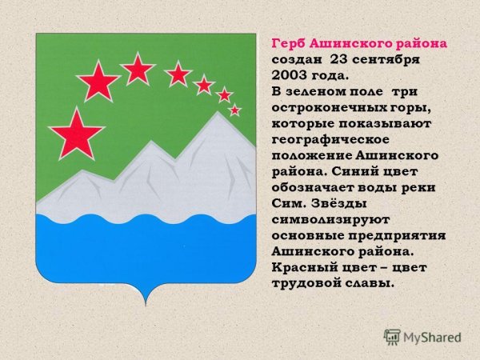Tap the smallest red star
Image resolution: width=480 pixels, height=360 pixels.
(234, 110)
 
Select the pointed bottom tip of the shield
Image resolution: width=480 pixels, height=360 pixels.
(146, 305)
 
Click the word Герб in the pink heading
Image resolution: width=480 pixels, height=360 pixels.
(288, 44)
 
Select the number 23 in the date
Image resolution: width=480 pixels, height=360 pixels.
(338, 59)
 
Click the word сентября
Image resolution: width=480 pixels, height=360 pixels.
(386, 60)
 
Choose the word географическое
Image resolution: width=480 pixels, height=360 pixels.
(330, 140)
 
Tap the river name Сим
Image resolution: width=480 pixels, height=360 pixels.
(289, 203)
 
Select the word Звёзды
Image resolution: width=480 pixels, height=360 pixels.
(339, 203)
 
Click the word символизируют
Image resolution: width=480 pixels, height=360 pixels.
(330, 220)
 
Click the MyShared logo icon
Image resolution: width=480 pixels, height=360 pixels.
(392, 337)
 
